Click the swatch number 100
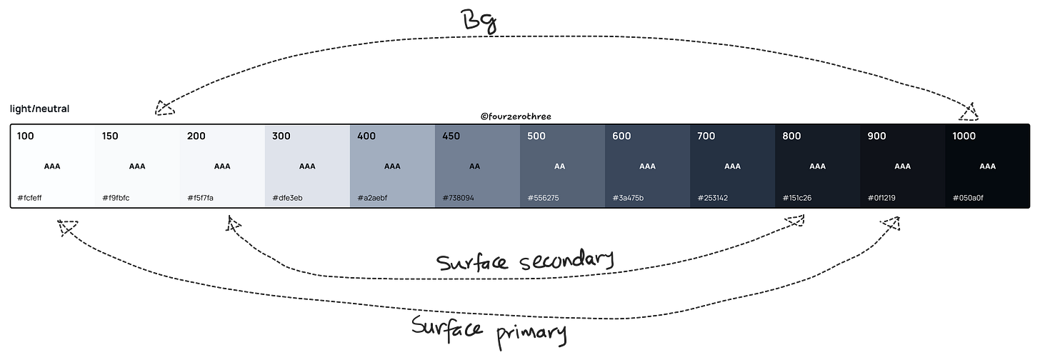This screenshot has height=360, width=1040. click(26, 136)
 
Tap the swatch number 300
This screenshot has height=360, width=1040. click(281, 136)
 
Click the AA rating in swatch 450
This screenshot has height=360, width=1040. click(474, 166)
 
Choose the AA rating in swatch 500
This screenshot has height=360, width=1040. click(559, 166)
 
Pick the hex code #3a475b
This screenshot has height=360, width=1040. click(628, 198)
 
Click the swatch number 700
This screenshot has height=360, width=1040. click(706, 136)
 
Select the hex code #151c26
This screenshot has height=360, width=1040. click(797, 198)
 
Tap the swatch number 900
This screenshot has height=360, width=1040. click(877, 136)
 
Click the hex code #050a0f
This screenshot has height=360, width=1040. click(968, 198)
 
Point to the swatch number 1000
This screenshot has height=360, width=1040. click(965, 136)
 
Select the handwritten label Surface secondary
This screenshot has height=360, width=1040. click(525, 262)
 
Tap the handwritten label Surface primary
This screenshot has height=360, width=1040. click(489, 329)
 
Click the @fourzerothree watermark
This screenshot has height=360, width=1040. click(516, 116)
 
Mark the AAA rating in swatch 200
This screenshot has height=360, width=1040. click(222, 166)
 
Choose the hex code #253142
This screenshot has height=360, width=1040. click(713, 198)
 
